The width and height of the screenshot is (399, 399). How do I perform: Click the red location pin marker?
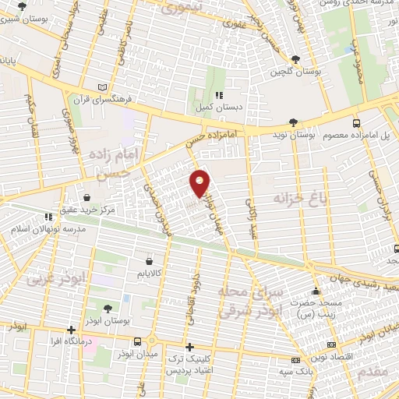point(200,183)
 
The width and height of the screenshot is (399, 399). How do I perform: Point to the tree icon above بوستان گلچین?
point(295,59)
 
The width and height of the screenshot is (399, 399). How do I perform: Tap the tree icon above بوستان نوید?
point(293,122)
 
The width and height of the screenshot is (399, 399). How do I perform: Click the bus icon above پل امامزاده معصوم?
point(356,123)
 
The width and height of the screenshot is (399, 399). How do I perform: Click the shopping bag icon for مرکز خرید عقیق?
point(77,197)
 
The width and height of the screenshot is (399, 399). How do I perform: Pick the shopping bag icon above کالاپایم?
point(149,261)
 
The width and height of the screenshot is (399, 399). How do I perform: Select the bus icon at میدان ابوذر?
point(138,341)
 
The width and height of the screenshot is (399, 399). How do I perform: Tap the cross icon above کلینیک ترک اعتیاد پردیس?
point(189,347)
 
